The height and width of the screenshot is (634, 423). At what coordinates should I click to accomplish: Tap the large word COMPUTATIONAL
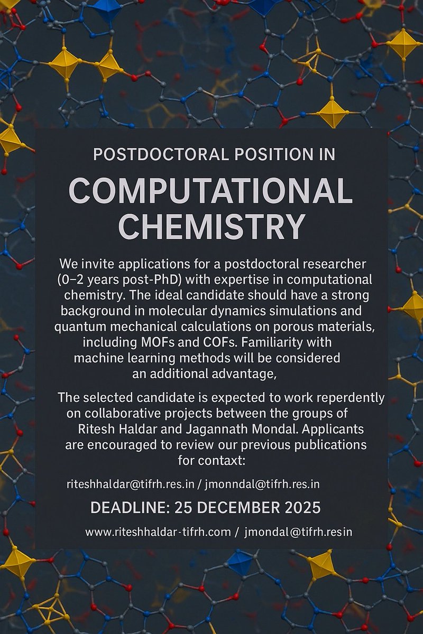[210, 191]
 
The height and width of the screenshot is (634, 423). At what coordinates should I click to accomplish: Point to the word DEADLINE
[126, 508]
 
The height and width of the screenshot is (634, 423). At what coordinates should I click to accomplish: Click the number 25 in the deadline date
[183, 508]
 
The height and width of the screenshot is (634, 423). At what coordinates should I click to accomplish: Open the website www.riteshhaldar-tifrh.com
[158, 532]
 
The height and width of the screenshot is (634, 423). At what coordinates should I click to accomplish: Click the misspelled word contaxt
[225, 460]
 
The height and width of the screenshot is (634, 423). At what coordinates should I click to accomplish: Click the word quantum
[78, 327]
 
